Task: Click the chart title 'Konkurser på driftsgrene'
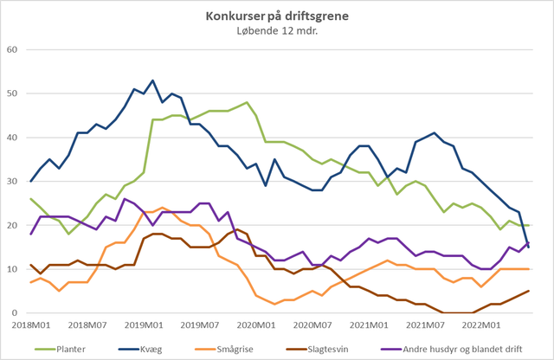276,16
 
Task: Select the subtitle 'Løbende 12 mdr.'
276,32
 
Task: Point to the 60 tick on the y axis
12,49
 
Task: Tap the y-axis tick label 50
12,93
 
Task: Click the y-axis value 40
12,138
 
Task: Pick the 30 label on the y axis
12,182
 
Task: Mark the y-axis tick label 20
12,225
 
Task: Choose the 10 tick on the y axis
12,269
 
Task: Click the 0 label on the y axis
16,313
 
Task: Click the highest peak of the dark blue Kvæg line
153,80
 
